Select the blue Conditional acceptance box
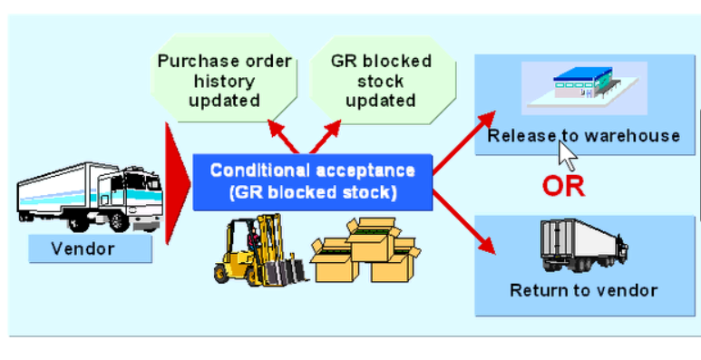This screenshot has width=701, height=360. pos(312,180)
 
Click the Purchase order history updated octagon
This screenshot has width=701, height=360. pos(225,82)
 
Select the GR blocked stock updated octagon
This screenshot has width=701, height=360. pos(380,82)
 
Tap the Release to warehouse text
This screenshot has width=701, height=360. pos(583,136)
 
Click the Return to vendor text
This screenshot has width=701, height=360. pos(583,290)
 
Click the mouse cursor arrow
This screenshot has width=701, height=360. pos(566,154)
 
